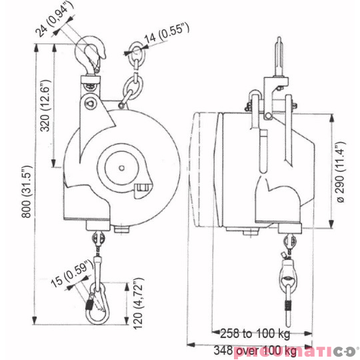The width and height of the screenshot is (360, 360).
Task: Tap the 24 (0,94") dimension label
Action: point(54,21)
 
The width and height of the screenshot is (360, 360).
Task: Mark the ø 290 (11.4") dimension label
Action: point(340,171)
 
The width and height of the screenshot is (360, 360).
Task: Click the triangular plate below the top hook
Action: point(91,103)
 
